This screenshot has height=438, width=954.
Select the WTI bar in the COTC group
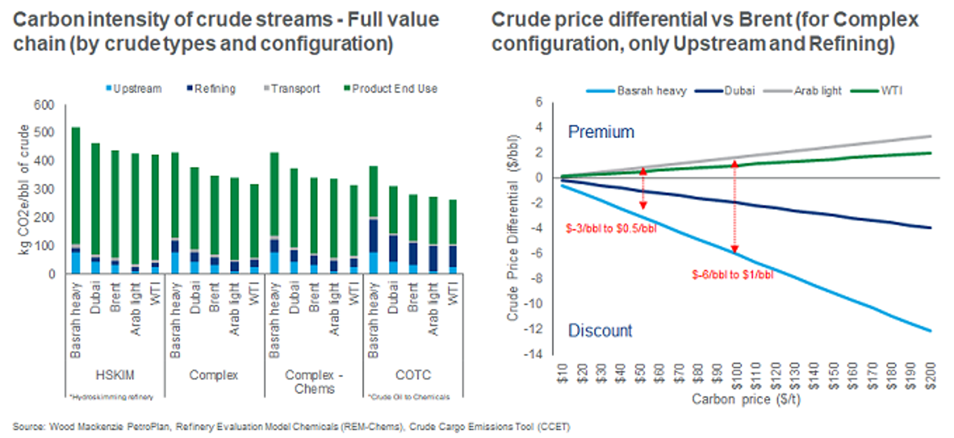453,236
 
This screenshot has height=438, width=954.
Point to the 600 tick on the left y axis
44,105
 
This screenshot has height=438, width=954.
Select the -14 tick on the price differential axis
533,354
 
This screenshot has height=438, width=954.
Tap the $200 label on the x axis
930,376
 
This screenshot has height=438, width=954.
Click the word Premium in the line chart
601,132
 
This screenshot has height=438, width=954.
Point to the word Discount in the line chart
600,330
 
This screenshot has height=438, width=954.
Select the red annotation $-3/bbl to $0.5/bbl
611,229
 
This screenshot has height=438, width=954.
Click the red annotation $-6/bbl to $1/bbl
732,275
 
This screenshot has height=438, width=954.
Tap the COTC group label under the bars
413,375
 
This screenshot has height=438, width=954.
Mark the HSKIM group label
115,375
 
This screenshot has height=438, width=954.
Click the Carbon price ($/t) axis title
746,399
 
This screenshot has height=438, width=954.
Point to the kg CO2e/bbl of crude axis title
24,189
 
